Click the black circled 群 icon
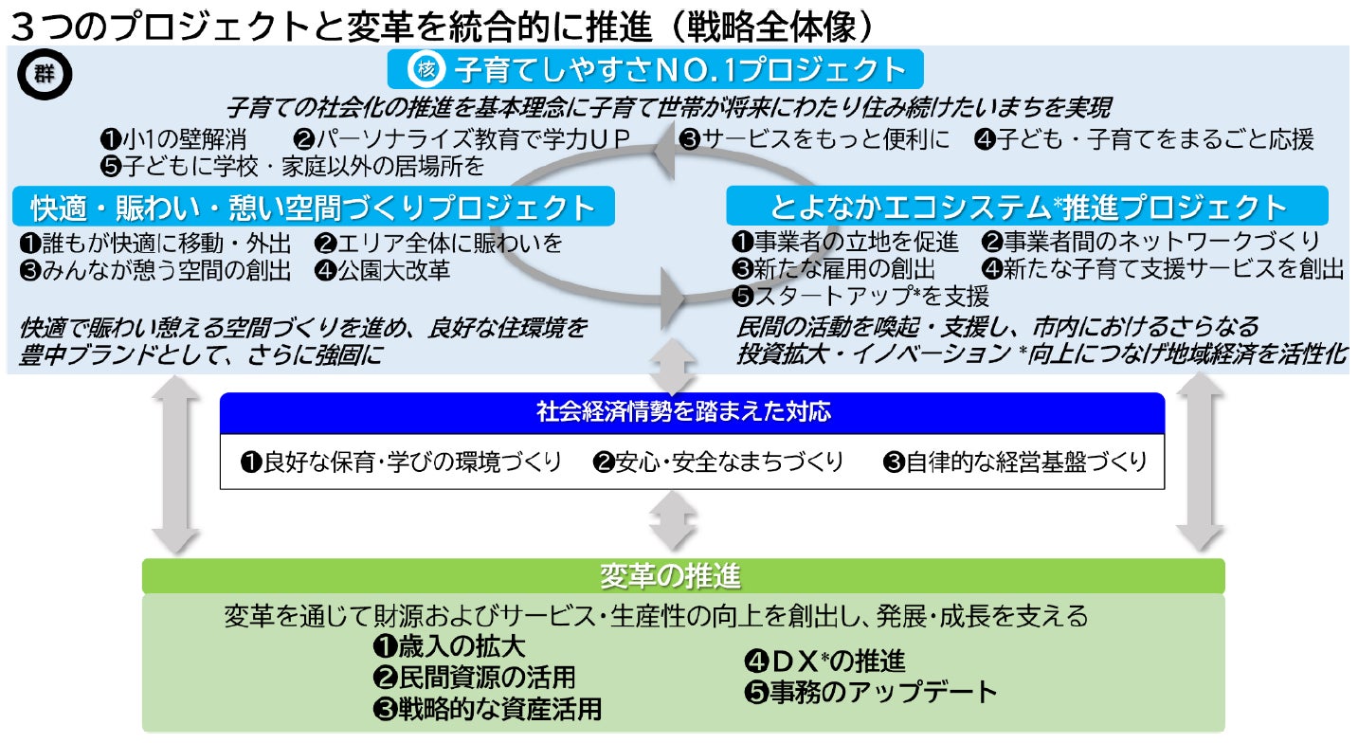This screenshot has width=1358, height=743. click(45, 75)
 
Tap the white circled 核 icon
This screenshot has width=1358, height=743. click(426, 69)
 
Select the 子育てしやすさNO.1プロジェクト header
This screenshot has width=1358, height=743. click(656, 69)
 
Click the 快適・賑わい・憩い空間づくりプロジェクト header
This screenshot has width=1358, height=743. click(314, 207)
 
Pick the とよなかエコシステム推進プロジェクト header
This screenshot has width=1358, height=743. click(1027, 206)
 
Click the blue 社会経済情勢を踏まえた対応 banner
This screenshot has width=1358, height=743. click(692, 412)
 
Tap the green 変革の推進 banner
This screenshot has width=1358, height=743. click(683, 576)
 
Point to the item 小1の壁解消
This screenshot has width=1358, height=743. click(174, 139)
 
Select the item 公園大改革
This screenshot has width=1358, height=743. click(383, 270)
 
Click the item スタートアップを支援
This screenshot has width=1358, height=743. click(860, 297)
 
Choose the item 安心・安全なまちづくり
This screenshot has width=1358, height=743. click(717, 462)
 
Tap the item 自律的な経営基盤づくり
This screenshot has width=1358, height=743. click(1015, 462)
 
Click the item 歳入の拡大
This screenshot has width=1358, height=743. click(449, 646)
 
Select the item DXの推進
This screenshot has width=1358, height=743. click(824, 661)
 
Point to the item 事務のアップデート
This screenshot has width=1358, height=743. click(871, 692)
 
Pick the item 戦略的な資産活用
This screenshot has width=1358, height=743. click(487, 709)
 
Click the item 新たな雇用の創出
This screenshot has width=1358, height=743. click(834, 269)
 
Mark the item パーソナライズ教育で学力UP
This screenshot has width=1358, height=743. click(462, 139)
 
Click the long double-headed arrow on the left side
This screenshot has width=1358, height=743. click(176, 464)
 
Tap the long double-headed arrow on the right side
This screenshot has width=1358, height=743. click(1201, 462)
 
